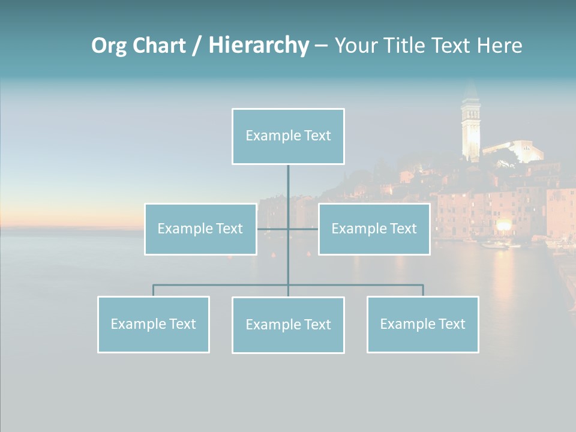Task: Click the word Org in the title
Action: click(109, 45)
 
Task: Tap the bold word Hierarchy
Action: click(259, 45)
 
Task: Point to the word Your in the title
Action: click(358, 45)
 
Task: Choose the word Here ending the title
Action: click(499, 45)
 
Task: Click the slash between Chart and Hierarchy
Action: click(197, 46)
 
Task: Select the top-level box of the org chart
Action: click(288, 136)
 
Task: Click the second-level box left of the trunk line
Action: click(200, 229)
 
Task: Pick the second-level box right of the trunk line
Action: click(374, 229)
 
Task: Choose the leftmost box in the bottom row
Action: click(153, 325)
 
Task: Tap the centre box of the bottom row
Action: click(288, 325)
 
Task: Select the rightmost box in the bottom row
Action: click(422, 325)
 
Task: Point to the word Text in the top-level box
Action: click(317, 136)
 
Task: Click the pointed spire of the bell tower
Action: click(470, 90)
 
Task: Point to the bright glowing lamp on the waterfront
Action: click(503, 225)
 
